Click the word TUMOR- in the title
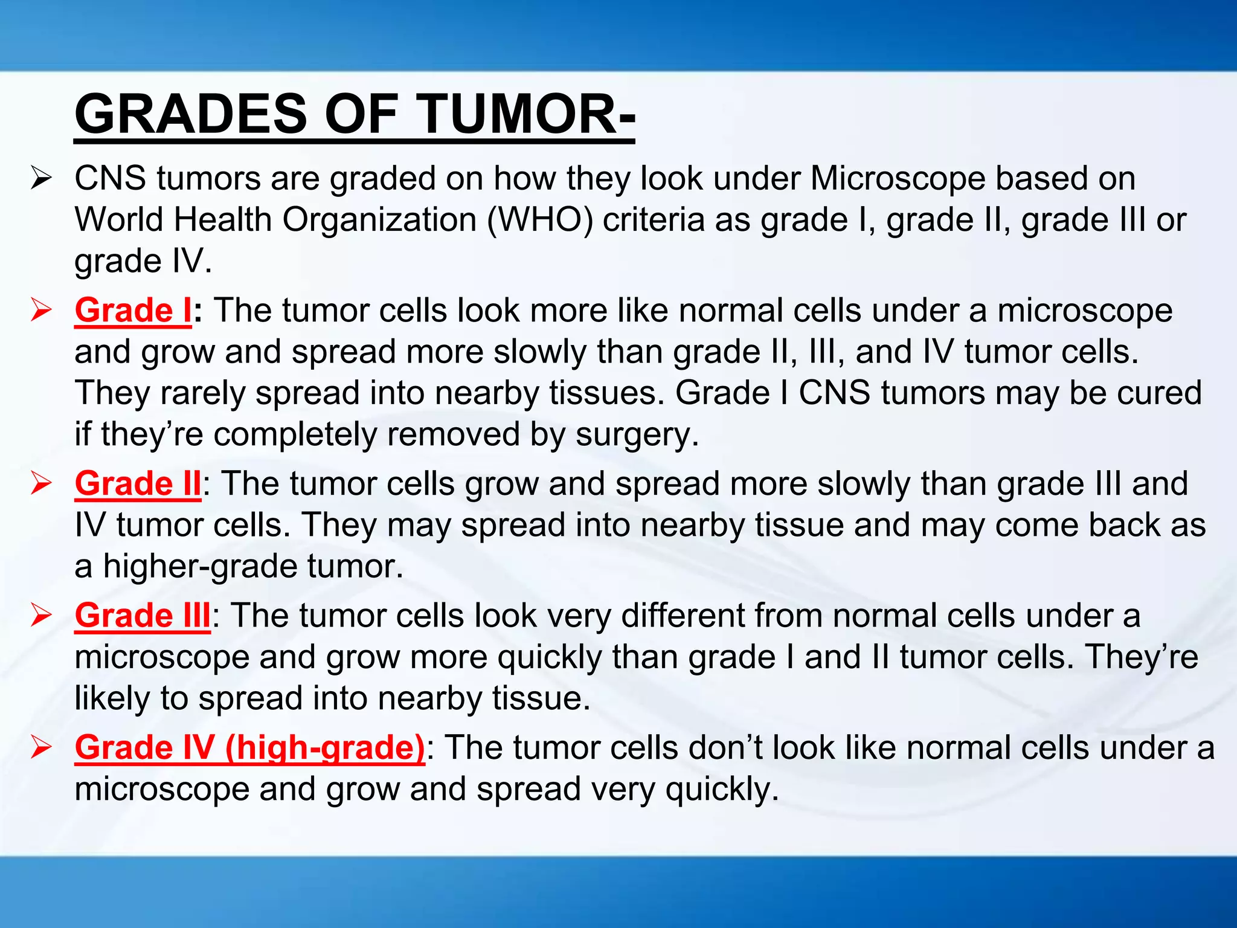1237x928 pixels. click(x=525, y=114)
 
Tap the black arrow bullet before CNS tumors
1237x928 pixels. click(x=42, y=179)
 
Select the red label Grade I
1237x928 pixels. click(x=133, y=311)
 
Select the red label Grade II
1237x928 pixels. click(x=138, y=484)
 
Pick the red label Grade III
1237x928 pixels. click(x=143, y=616)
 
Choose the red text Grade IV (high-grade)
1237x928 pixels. click(x=249, y=748)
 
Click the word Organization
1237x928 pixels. click(x=380, y=220)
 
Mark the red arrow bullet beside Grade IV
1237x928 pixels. click(x=42, y=748)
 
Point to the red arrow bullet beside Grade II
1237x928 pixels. click(x=42, y=484)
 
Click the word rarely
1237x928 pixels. click(x=202, y=393)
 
